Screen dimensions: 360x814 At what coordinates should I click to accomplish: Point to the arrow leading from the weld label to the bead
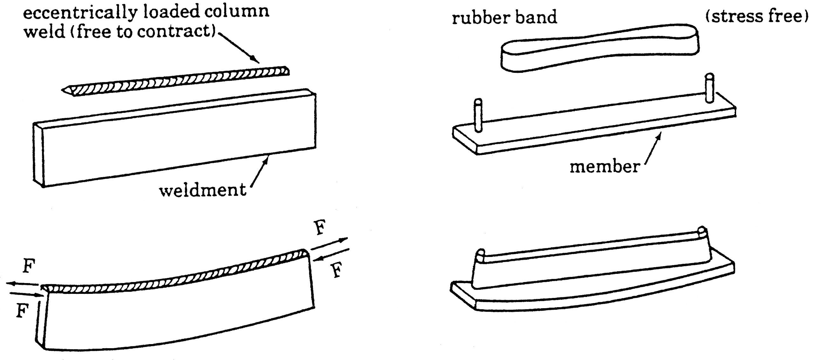[239, 46]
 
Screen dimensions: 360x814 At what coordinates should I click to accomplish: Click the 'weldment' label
[203, 190]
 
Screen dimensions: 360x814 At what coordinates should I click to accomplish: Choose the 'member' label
[604, 167]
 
